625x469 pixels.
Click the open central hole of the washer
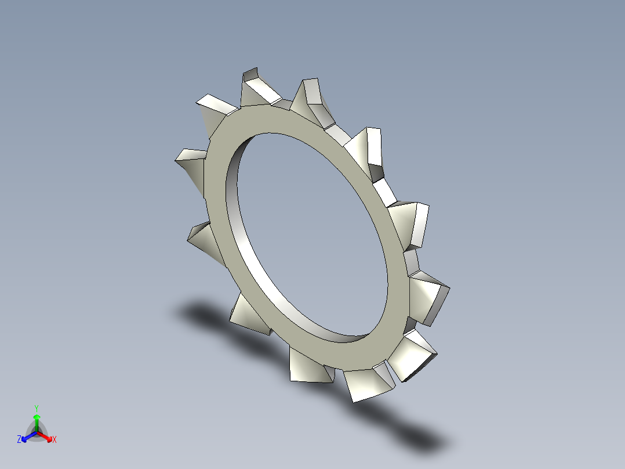(307, 232)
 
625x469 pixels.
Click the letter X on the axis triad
(54, 440)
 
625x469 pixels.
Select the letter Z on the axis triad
(19, 440)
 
